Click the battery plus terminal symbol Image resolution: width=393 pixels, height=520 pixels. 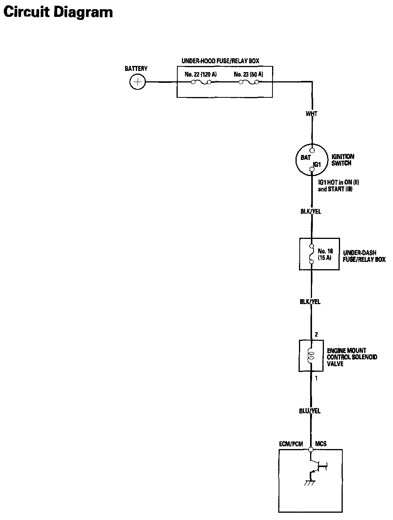[137, 82]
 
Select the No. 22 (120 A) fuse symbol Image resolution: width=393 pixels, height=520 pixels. [201, 82]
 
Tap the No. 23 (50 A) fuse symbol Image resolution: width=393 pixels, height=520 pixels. [249, 82]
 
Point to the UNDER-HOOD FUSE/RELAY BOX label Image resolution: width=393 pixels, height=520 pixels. [220, 61]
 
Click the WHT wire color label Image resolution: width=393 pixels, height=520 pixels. [311, 114]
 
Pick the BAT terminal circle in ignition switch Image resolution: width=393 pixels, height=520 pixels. [312, 150]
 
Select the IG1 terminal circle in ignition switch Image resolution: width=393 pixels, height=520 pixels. [312, 169]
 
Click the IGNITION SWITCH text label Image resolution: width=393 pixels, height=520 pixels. [343, 160]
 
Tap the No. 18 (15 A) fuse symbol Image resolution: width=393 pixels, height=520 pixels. [312, 254]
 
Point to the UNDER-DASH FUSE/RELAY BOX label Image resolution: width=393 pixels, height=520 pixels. [364, 256]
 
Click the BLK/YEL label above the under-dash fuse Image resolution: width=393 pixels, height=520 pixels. [311, 211]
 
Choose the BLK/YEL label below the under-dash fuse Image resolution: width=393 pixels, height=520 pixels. [310, 301]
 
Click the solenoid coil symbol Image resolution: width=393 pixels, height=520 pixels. [310, 356]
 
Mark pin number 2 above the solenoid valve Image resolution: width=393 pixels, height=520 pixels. [316, 334]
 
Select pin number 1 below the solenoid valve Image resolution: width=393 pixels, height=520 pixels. [316, 378]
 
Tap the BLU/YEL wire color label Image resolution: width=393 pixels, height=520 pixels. [310, 411]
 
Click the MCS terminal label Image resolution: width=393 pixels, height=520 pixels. [321, 443]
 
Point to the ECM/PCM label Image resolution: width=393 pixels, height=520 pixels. [291, 444]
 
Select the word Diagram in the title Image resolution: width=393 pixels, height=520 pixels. [83, 12]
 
